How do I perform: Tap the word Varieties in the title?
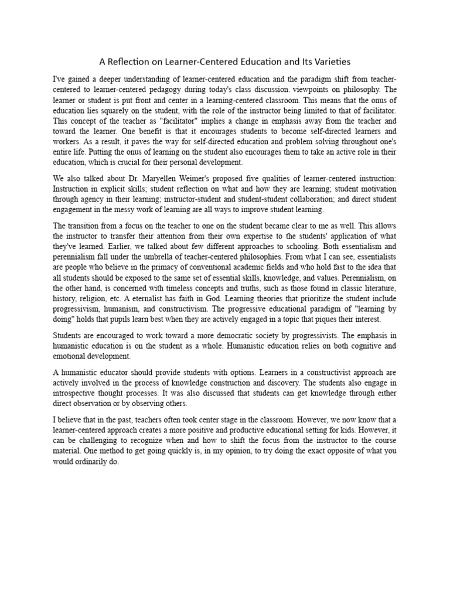pos(330,61)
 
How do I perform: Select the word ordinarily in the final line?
pos(89,462)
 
